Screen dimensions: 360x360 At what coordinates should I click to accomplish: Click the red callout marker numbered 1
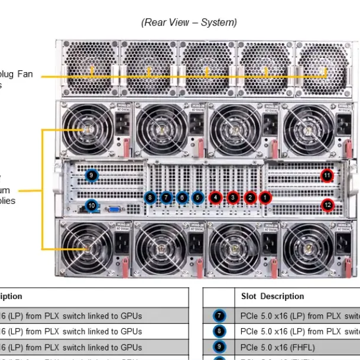click(265, 197)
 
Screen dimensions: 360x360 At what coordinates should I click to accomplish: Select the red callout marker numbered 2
click(250, 197)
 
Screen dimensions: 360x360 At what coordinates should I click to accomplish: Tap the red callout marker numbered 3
click(233, 197)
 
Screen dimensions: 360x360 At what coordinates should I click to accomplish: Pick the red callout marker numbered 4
click(216, 197)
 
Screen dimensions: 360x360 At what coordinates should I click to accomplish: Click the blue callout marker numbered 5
click(197, 197)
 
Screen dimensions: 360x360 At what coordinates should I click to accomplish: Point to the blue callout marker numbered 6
click(182, 197)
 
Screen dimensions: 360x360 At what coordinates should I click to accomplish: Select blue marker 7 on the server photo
click(166, 197)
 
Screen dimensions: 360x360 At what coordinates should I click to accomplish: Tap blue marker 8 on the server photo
click(150, 197)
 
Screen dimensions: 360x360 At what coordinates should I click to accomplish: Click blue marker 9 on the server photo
click(91, 175)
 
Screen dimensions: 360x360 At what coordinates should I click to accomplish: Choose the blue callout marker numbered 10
click(91, 206)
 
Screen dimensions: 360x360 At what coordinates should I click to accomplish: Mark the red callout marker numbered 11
click(327, 175)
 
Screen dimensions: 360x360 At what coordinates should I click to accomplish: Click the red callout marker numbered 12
click(327, 205)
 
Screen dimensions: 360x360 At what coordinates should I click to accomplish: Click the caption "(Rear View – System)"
click(189, 22)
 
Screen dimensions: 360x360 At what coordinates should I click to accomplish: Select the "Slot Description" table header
click(273, 296)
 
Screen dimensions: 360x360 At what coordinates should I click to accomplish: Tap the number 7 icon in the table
click(219, 316)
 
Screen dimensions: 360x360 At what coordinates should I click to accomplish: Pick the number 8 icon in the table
click(219, 332)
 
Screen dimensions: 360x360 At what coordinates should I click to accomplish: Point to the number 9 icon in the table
click(219, 348)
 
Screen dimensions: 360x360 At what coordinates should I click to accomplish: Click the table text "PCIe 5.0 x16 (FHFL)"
click(278, 348)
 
